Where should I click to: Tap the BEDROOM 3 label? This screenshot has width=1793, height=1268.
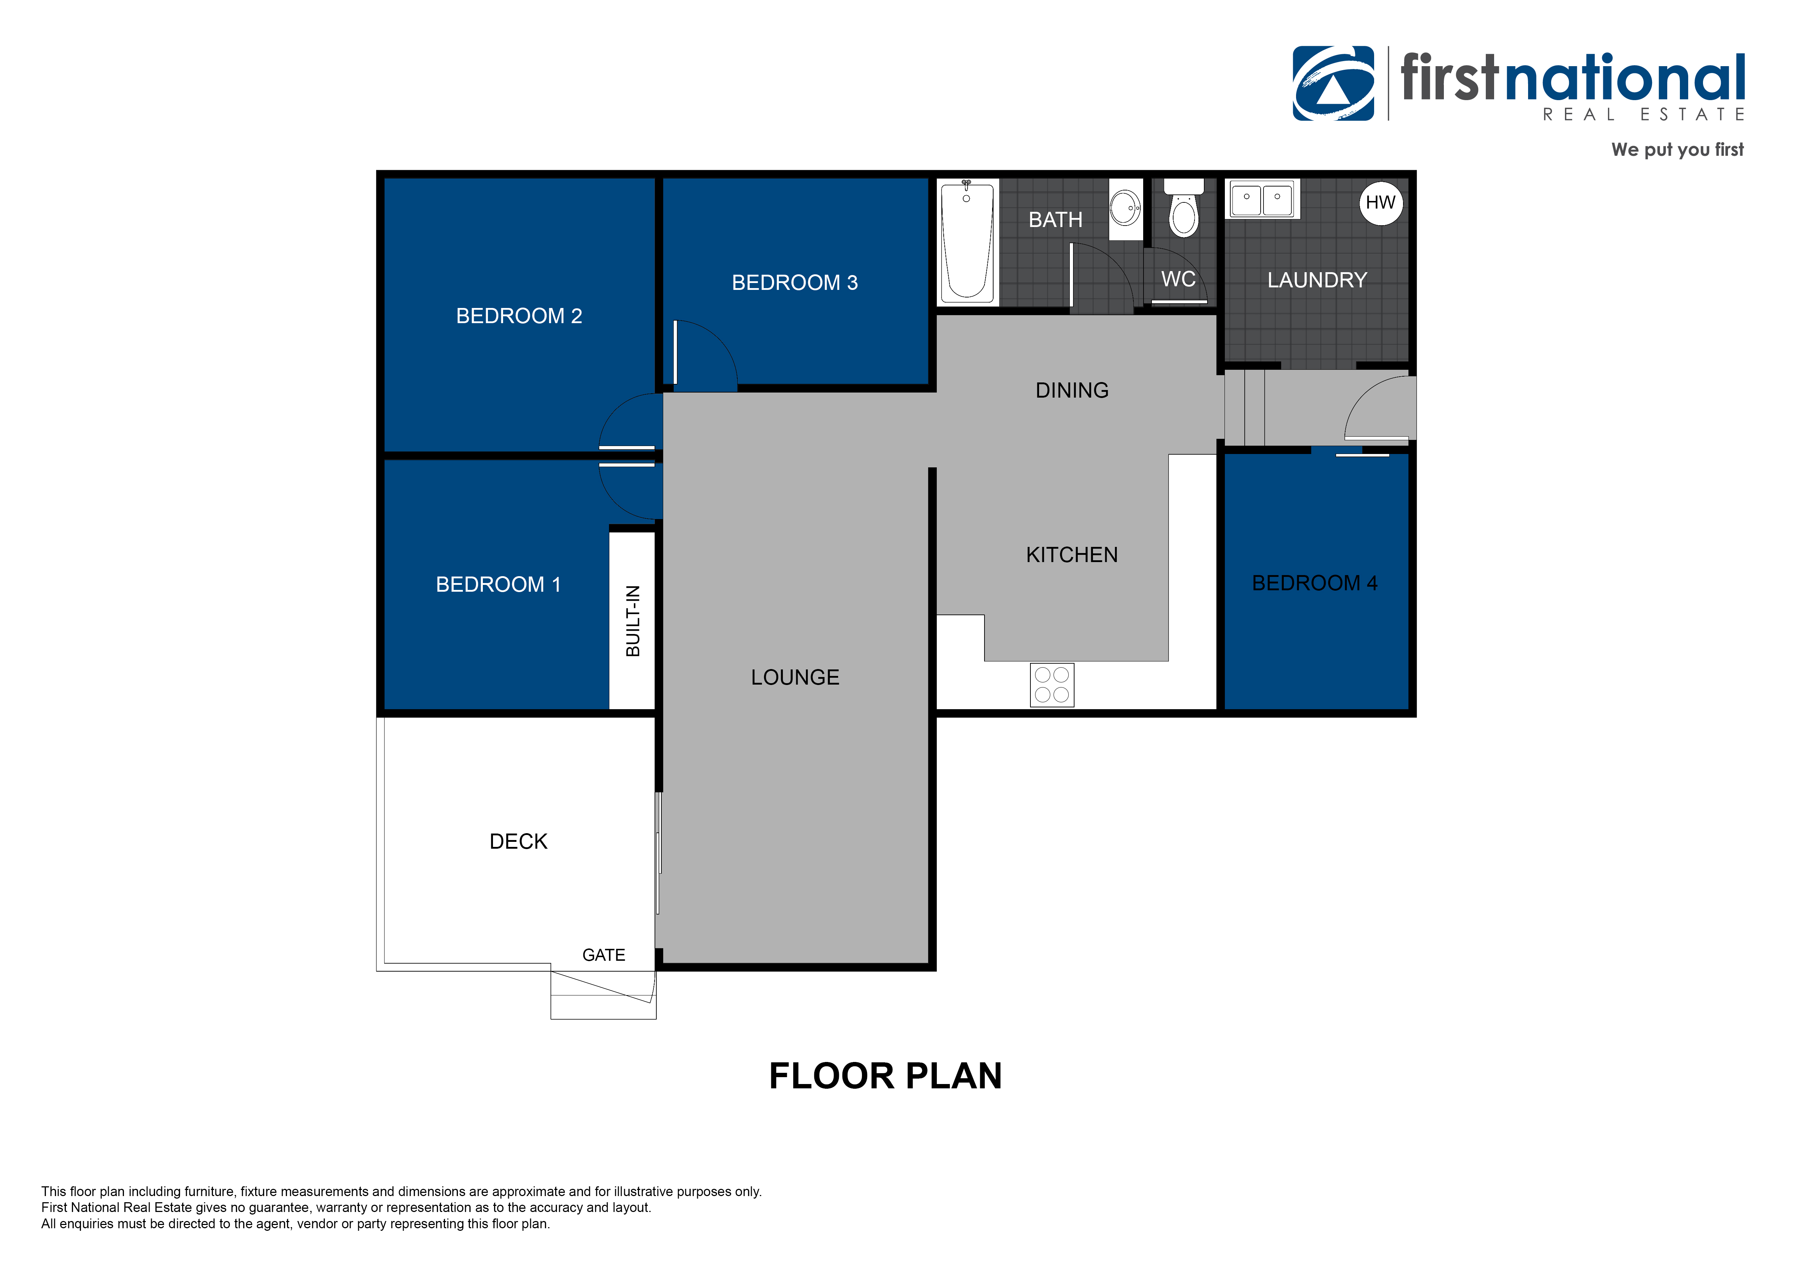click(x=794, y=283)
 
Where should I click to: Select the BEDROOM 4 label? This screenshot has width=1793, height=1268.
click(x=1314, y=583)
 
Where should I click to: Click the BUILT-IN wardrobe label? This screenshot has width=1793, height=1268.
click(x=632, y=621)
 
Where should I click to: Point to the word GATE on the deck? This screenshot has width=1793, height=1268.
click(x=604, y=955)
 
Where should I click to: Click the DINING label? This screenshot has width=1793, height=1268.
click(x=1071, y=390)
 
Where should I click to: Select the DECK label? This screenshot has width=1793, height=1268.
click(x=518, y=841)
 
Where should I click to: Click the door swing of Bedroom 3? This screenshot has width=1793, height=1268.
click(x=703, y=355)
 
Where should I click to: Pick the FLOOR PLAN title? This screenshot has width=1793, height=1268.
click(x=885, y=1076)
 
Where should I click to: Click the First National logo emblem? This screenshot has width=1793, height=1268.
click(x=1333, y=83)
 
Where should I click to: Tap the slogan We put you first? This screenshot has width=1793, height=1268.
click(x=1677, y=150)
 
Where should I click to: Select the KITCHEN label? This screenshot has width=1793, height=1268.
click(x=1071, y=555)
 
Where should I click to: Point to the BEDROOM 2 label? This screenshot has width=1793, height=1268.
click(x=519, y=316)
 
